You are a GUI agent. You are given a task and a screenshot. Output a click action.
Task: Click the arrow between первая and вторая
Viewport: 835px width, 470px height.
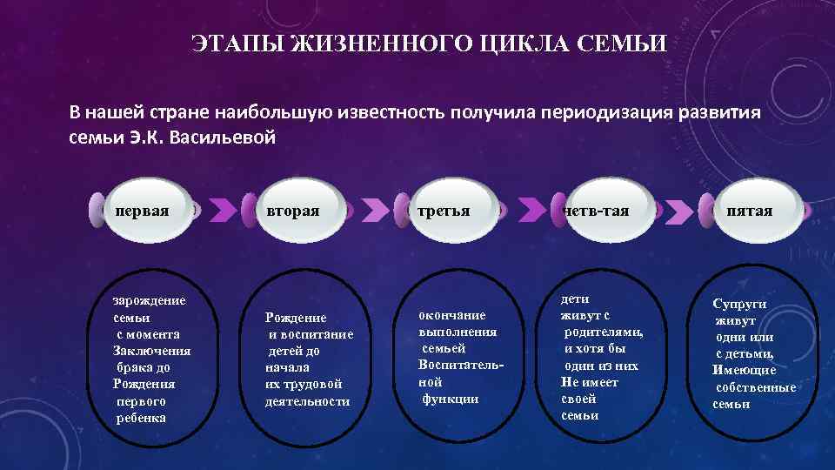(224, 210)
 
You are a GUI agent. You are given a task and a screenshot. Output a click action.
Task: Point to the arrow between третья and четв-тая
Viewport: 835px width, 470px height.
(529, 210)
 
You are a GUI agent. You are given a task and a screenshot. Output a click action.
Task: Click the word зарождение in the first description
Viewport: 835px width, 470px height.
(149, 300)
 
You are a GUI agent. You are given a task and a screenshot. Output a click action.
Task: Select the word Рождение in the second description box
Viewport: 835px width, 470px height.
(296, 319)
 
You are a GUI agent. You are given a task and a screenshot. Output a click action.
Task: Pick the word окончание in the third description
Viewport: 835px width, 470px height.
(451, 315)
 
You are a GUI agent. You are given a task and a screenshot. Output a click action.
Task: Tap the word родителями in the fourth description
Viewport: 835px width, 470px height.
(604, 332)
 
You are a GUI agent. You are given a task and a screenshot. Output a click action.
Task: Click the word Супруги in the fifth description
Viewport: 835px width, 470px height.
(739, 305)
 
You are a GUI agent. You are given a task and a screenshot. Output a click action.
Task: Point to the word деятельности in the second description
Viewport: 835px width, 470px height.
(307, 401)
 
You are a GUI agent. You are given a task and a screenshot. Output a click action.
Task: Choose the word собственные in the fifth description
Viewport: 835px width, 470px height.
(755, 387)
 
